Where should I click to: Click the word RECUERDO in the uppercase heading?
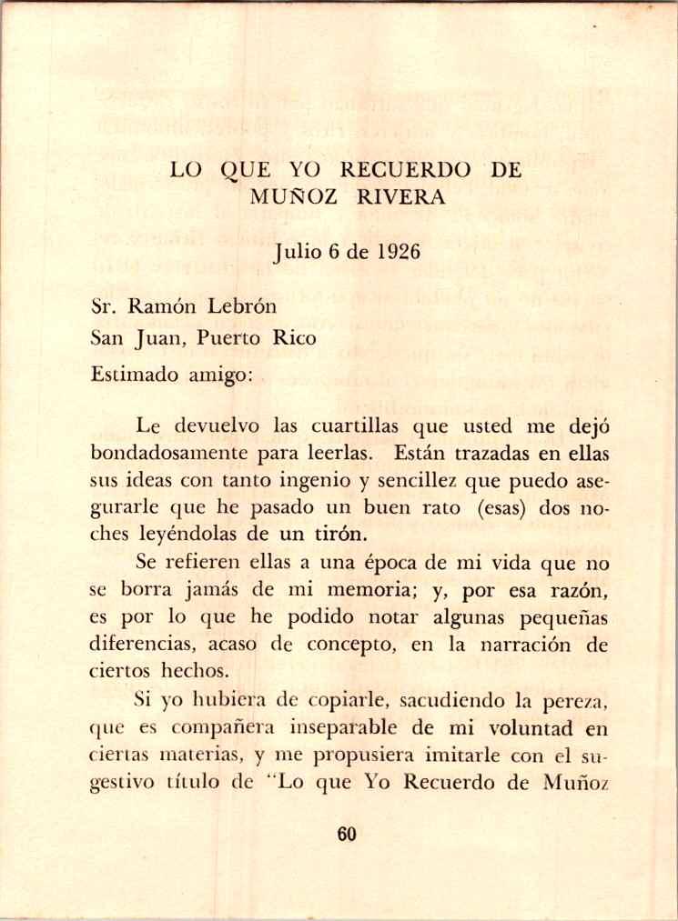point(405,170)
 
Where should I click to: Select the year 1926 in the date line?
point(395,251)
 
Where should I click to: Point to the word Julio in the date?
point(294,252)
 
